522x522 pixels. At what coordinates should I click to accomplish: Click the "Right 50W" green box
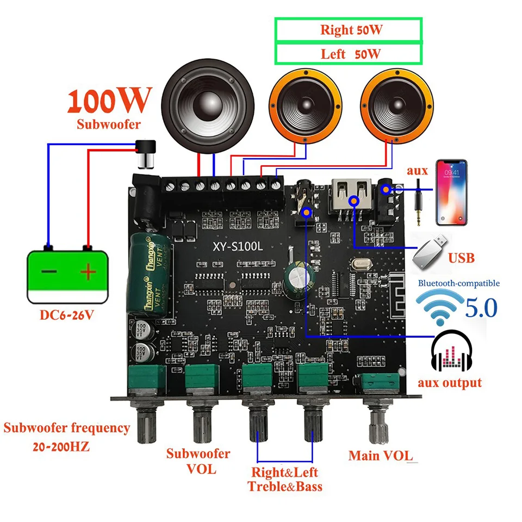pos(348,30)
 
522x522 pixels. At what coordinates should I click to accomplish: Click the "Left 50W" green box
pos(348,53)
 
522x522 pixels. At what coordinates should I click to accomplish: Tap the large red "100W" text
pos(109,101)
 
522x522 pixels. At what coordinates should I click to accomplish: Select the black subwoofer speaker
pos(201,109)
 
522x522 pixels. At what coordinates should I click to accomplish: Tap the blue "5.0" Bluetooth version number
pos(481,308)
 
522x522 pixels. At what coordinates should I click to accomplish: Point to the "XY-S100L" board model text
pos(238,246)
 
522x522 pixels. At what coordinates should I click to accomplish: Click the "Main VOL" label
pos(381,456)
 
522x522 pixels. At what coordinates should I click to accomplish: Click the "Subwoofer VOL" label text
pos(198,461)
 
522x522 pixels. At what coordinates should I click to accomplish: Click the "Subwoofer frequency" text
pos(67,428)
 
